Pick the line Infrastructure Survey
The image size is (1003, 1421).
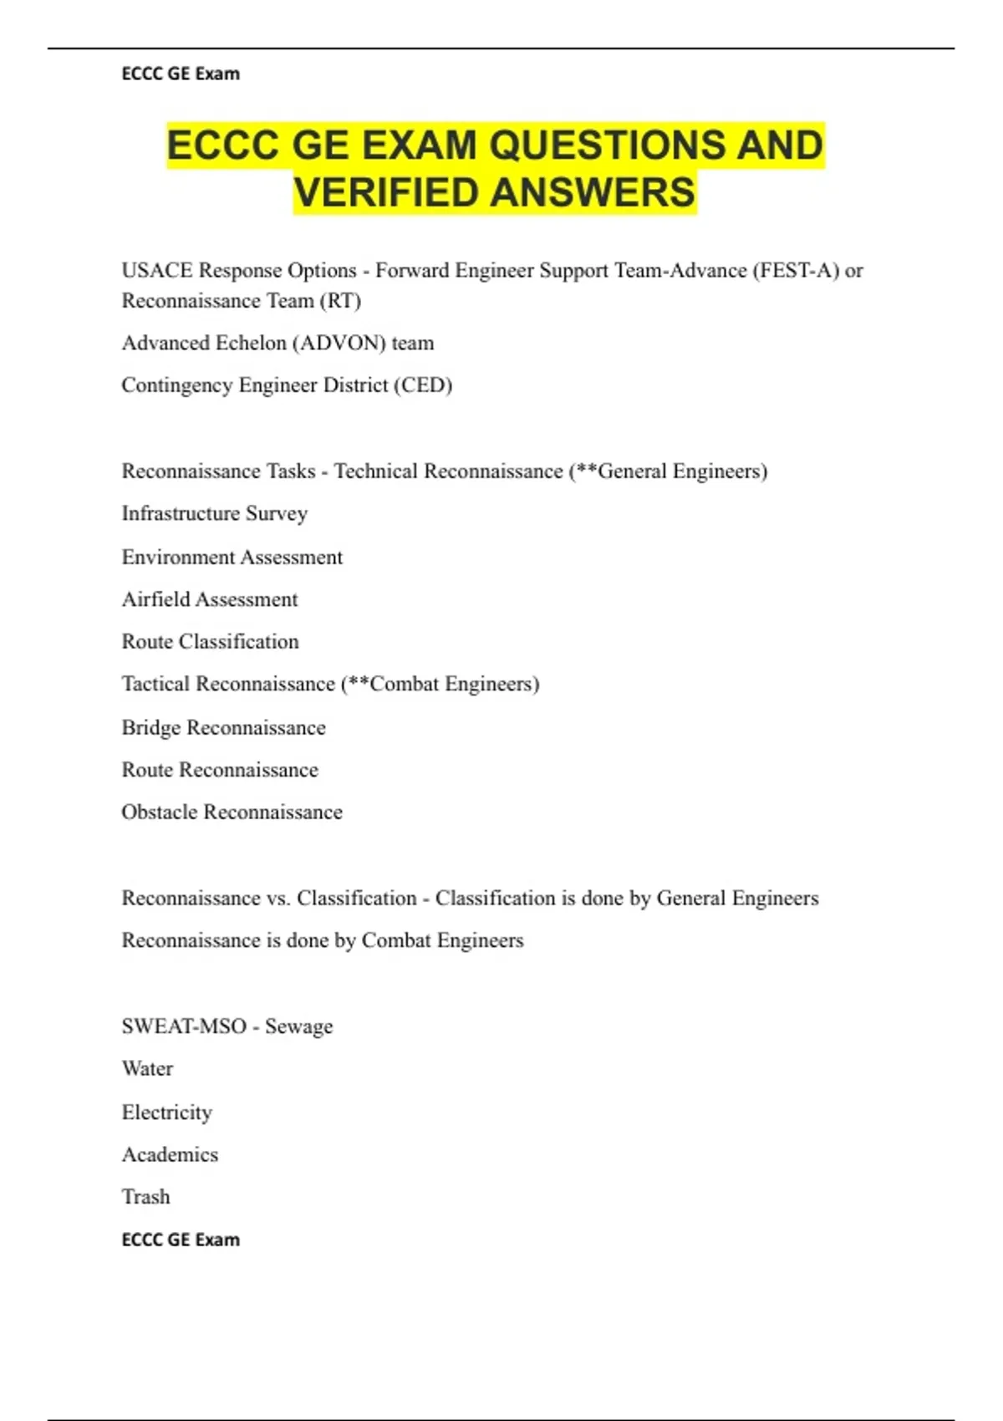click(215, 513)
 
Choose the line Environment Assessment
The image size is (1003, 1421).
click(232, 558)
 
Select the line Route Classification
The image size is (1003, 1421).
click(211, 642)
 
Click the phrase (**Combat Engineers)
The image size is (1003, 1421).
click(440, 685)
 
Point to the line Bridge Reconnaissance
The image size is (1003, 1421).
click(224, 728)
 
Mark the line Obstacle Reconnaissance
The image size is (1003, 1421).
click(232, 812)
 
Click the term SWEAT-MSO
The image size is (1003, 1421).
click(184, 1026)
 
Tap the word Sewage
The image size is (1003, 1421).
click(298, 1027)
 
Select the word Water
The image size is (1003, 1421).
click(148, 1069)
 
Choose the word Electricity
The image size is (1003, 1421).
click(167, 1113)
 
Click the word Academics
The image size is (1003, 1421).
click(171, 1155)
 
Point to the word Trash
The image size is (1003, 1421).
click(146, 1197)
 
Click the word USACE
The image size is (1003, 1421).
click(157, 271)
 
